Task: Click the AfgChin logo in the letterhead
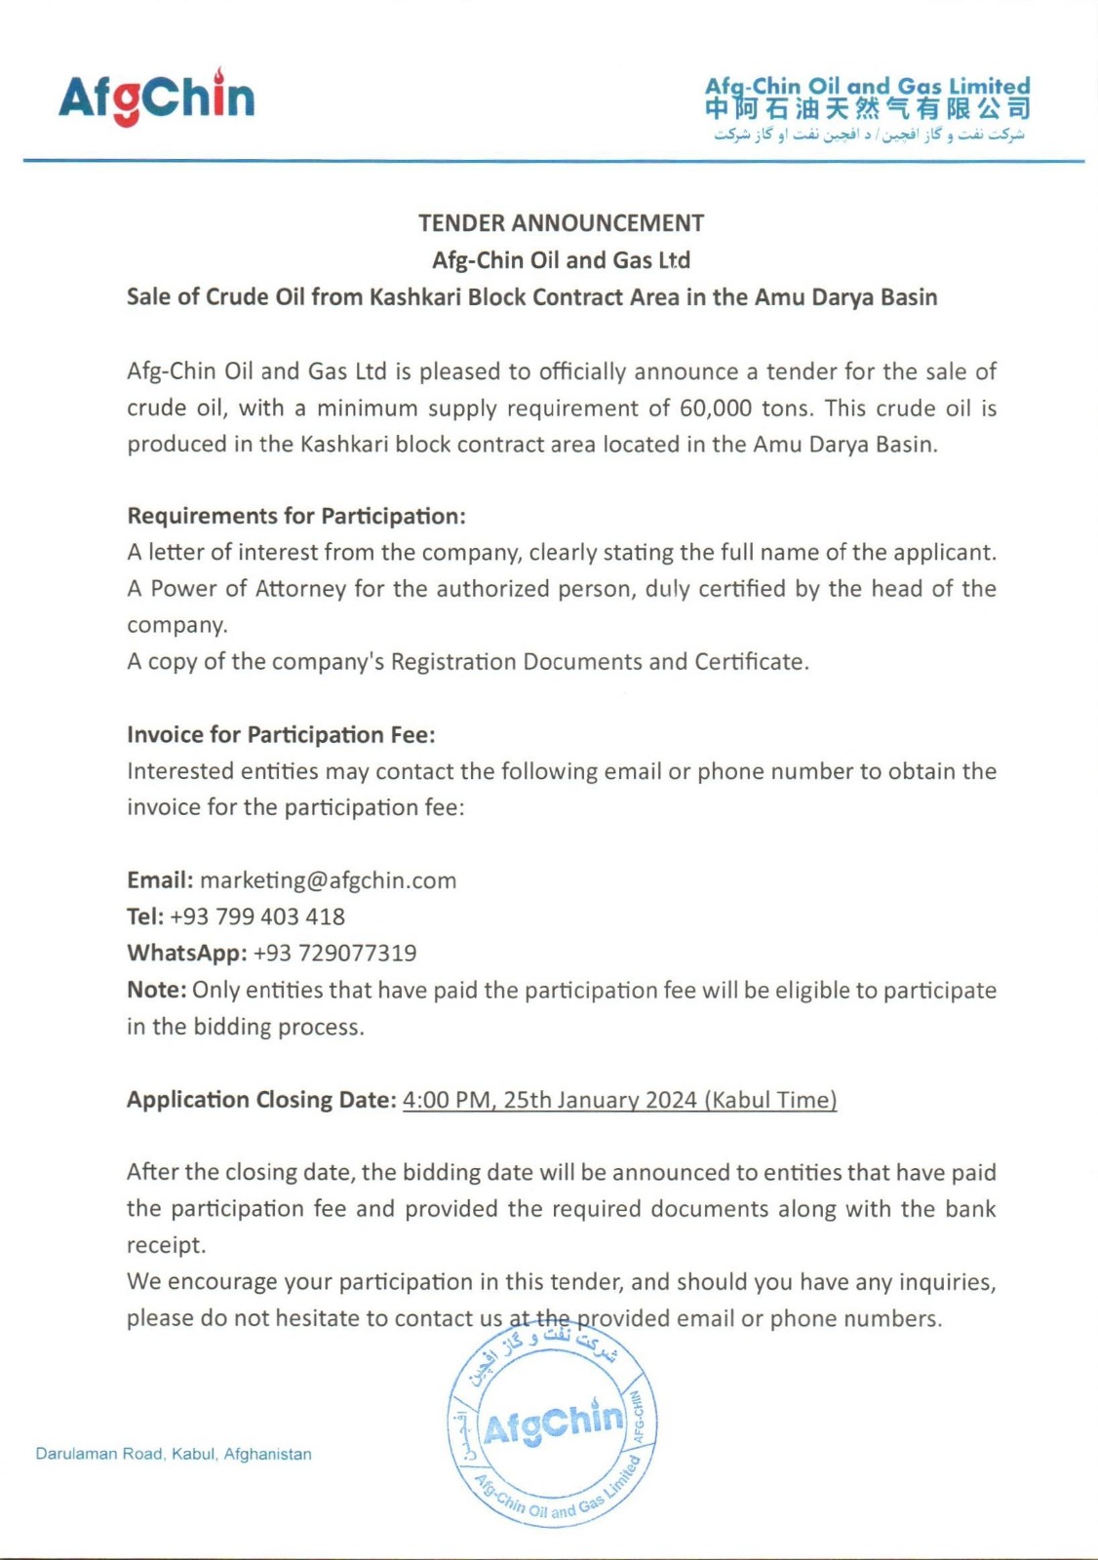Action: coord(156,97)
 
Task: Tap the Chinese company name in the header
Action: coord(867,109)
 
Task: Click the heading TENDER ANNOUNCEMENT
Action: coord(561,223)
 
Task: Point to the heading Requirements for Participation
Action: coord(296,516)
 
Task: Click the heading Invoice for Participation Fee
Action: coord(281,734)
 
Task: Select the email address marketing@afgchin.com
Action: coord(328,880)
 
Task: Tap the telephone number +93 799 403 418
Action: coord(256,916)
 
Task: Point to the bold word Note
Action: coord(155,990)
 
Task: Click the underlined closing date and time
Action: coord(619,1100)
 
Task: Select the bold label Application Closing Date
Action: coord(261,1100)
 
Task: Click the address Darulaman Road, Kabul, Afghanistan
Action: coord(174,1454)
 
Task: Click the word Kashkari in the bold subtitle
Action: coord(414,297)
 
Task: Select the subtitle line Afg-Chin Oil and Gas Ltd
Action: coord(561,260)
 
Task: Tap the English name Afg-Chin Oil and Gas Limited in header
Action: coord(867,86)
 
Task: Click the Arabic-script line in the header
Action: coord(869,135)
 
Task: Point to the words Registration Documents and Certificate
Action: coord(598,662)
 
